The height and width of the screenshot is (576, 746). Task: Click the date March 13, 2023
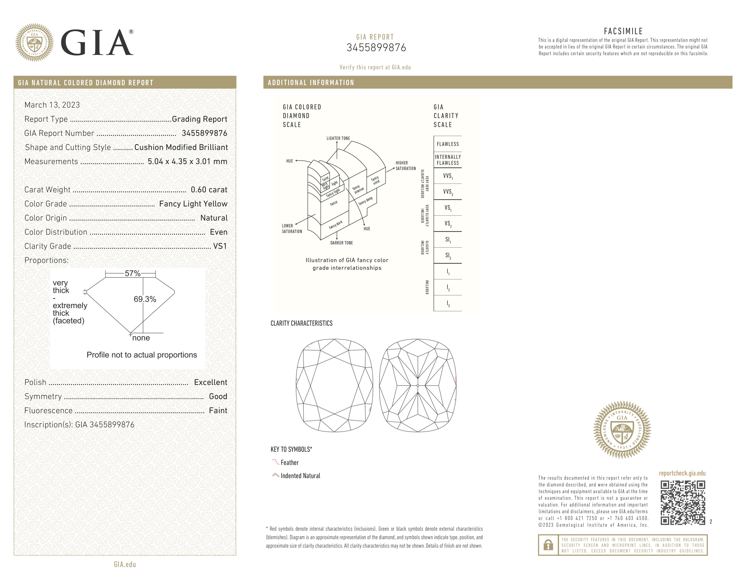coord(52,105)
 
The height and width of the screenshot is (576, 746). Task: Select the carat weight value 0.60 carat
coord(209,190)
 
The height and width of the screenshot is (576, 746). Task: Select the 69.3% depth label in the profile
coord(145,299)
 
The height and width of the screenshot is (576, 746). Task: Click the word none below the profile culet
coord(141,338)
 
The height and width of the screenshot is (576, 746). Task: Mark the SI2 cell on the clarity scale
coord(447,256)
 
